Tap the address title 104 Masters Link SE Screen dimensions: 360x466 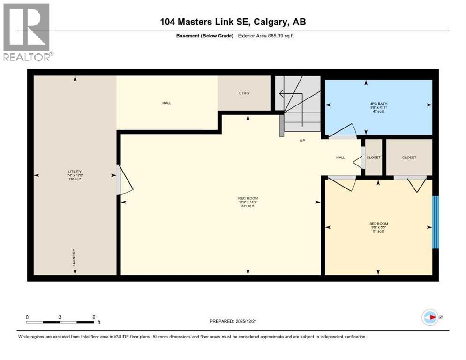click(x=233, y=22)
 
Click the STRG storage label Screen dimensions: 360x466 click(x=243, y=93)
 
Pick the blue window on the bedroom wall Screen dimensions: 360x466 click(x=435, y=222)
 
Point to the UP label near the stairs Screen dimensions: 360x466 click(x=302, y=140)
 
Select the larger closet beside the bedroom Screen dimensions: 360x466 click(x=409, y=157)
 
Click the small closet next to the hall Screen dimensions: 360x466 click(x=374, y=157)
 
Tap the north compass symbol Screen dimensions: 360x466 click(x=430, y=317)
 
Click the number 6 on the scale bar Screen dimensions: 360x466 click(x=94, y=317)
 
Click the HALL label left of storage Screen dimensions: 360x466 click(x=167, y=103)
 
